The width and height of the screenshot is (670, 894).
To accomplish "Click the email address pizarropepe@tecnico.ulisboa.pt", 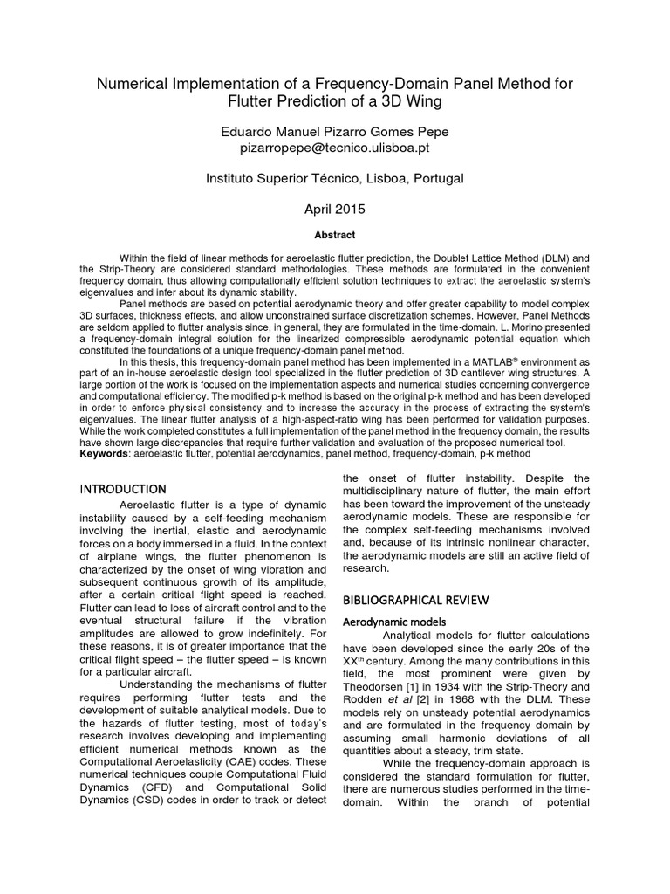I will click(x=335, y=149).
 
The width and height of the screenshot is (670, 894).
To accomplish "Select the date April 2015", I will click(x=335, y=210).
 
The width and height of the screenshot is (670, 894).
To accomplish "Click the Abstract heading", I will click(x=335, y=235).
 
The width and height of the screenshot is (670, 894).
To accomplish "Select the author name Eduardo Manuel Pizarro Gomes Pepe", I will click(x=335, y=131).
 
